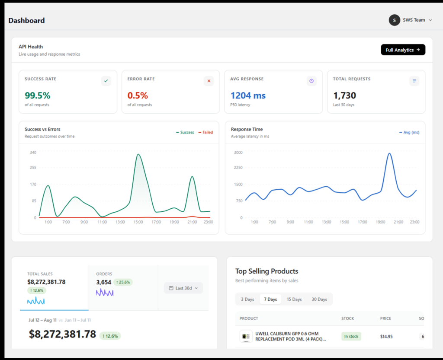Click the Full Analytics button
tap(403, 50)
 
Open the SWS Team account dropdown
tap(411, 20)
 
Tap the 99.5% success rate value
tap(38, 96)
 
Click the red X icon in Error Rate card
tap(209, 81)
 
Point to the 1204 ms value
tap(248, 96)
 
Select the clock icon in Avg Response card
tap(311, 81)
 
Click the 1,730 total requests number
tap(344, 96)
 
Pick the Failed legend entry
tap(205, 132)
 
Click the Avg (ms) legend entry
tap(409, 132)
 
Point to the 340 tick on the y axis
tap(33, 153)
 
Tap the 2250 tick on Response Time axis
tap(238, 168)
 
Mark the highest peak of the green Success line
tap(138, 154)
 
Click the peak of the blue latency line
tap(389, 153)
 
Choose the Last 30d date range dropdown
tap(183, 288)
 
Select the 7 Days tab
tap(270, 299)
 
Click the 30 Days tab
tap(319, 299)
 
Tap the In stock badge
tap(351, 336)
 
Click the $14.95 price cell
tap(386, 337)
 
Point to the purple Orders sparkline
tap(105, 293)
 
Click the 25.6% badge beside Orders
tap(123, 282)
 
